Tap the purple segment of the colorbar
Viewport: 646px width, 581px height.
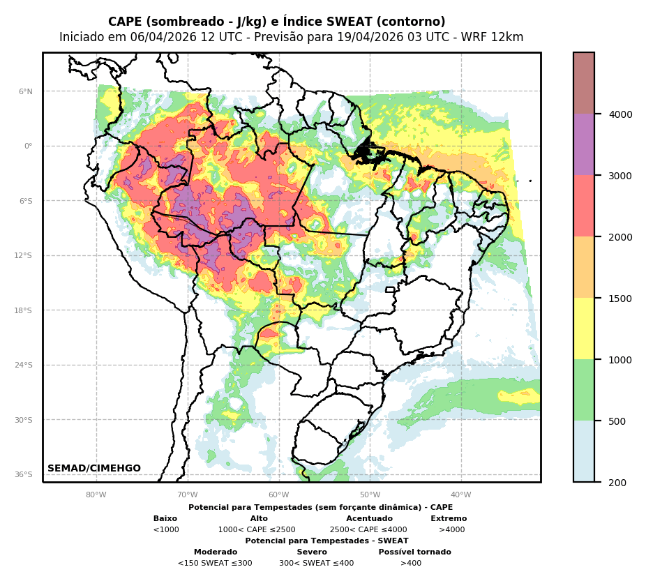click(x=584, y=144)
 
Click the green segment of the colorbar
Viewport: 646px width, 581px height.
click(x=584, y=390)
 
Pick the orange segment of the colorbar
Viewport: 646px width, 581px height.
click(x=584, y=267)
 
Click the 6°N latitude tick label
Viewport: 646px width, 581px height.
click(x=26, y=91)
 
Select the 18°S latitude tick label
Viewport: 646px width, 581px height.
click(x=24, y=310)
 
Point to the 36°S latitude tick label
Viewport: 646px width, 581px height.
click(x=24, y=475)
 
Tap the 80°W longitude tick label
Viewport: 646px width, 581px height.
click(x=96, y=495)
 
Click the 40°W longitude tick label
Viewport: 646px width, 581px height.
click(x=461, y=495)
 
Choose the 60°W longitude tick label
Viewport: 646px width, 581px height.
click(x=278, y=495)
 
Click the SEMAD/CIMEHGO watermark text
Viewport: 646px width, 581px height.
click(x=94, y=469)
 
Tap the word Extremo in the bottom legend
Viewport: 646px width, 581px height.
click(x=449, y=519)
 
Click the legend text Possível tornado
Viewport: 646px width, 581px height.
click(x=414, y=552)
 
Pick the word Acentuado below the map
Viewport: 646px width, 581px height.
click(x=369, y=519)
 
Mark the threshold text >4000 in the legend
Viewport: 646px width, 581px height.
click(x=451, y=530)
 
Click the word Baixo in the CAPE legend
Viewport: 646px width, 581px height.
click(x=165, y=519)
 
